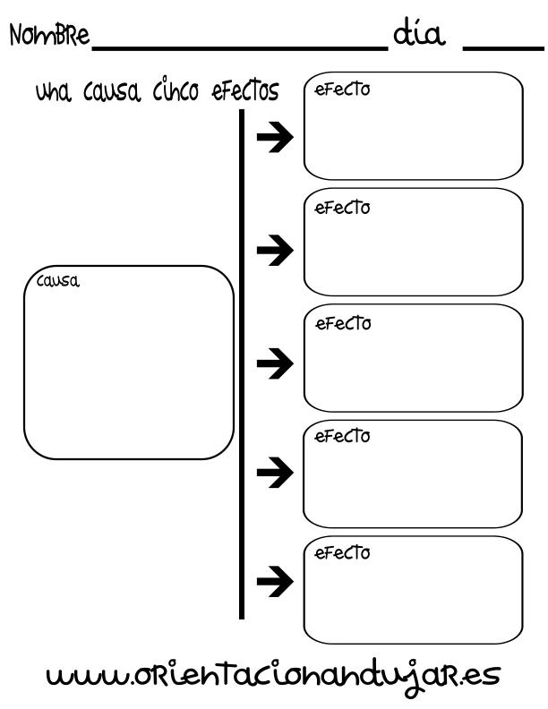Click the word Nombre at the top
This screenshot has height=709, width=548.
click(x=49, y=34)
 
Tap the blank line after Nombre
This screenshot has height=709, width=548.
click(x=240, y=47)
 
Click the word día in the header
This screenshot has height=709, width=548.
click(x=419, y=33)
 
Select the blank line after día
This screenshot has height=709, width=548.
click(x=503, y=47)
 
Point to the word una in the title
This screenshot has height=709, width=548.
click(x=54, y=92)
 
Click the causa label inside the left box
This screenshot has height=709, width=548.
click(x=58, y=281)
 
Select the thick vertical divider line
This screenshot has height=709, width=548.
click(x=242, y=364)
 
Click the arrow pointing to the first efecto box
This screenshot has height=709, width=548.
click(x=275, y=137)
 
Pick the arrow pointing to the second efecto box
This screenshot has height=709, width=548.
click(x=275, y=250)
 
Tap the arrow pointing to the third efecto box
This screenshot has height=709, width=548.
click(x=275, y=363)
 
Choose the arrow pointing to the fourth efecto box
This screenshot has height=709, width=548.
click(x=275, y=472)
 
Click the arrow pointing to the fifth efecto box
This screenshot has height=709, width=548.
click(x=275, y=581)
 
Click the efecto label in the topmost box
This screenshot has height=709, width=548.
click(x=342, y=90)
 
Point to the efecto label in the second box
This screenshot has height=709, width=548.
click(x=342, y=208)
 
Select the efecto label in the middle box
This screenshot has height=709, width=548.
click(x=343, y=323)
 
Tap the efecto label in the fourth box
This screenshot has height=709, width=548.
click(x=342, y=436)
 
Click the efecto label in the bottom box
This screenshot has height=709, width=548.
click(x=342, y=552)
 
